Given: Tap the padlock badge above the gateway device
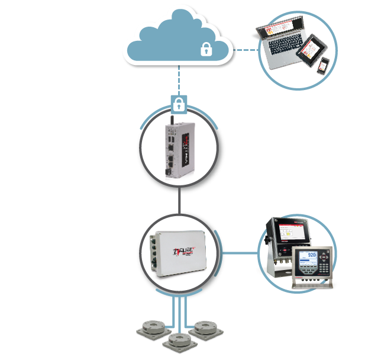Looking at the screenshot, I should [x=178, y=104].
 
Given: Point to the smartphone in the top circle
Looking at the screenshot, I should [x=323, y=65].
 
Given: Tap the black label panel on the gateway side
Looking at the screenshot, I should [x=185, y=148].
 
